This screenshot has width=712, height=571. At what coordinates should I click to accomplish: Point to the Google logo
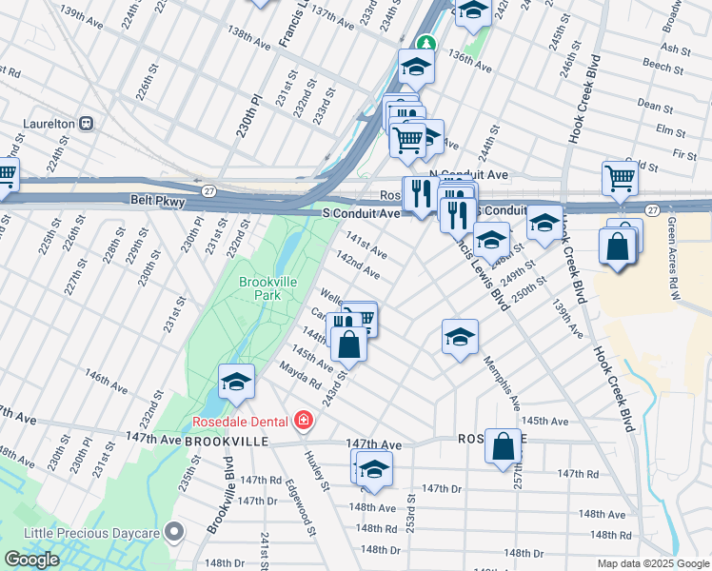point(31,560)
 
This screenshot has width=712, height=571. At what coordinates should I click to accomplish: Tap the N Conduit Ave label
point(468,175)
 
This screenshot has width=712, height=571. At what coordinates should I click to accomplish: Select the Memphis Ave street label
point(501,383)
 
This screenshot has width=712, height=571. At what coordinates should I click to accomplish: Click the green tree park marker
point(428,43)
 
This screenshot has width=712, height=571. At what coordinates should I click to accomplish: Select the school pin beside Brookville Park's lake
point(236,383)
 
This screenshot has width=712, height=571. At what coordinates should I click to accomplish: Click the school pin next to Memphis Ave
point(460,337)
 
